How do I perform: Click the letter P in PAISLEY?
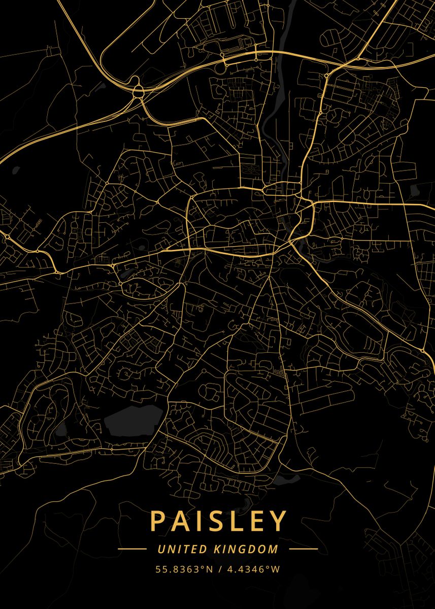click(157, 521)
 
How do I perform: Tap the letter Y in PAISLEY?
click(278, 521)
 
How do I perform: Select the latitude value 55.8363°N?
click(184, 569)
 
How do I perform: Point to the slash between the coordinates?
click(220, 569)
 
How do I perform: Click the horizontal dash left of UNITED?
click(132, 549)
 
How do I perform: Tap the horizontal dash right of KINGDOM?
click(303, 549)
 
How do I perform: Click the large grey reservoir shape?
click(133, 421)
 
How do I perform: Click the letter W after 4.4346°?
click(275, 569)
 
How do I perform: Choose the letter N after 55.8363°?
click(210, 569)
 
